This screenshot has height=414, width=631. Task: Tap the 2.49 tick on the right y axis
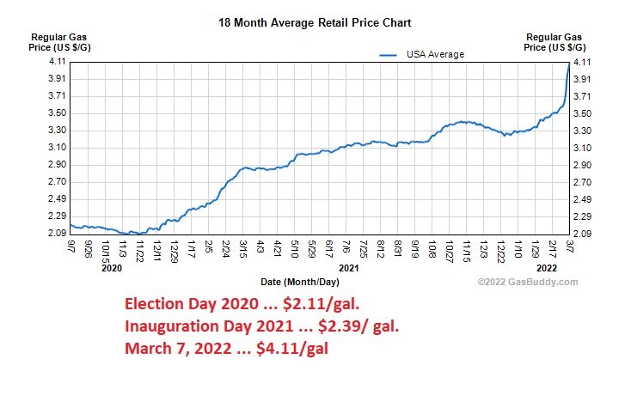tap(584, 199)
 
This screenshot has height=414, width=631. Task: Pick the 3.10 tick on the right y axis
tap(584, 148)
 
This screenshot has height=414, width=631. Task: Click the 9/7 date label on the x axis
tap(70, 247)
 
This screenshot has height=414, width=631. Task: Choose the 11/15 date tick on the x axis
tap(465, 249)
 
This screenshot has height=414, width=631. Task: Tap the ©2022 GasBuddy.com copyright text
tap(528, 282)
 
